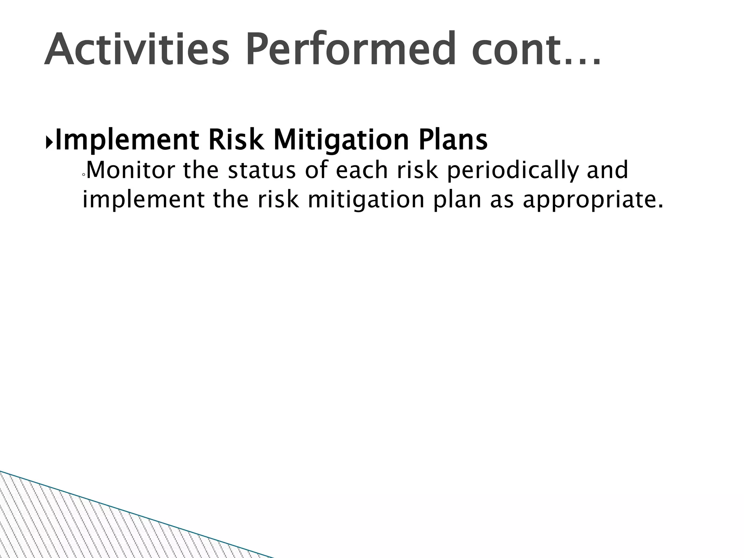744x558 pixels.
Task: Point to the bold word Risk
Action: (236, 140)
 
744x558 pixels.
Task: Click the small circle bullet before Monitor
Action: (84, 175)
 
